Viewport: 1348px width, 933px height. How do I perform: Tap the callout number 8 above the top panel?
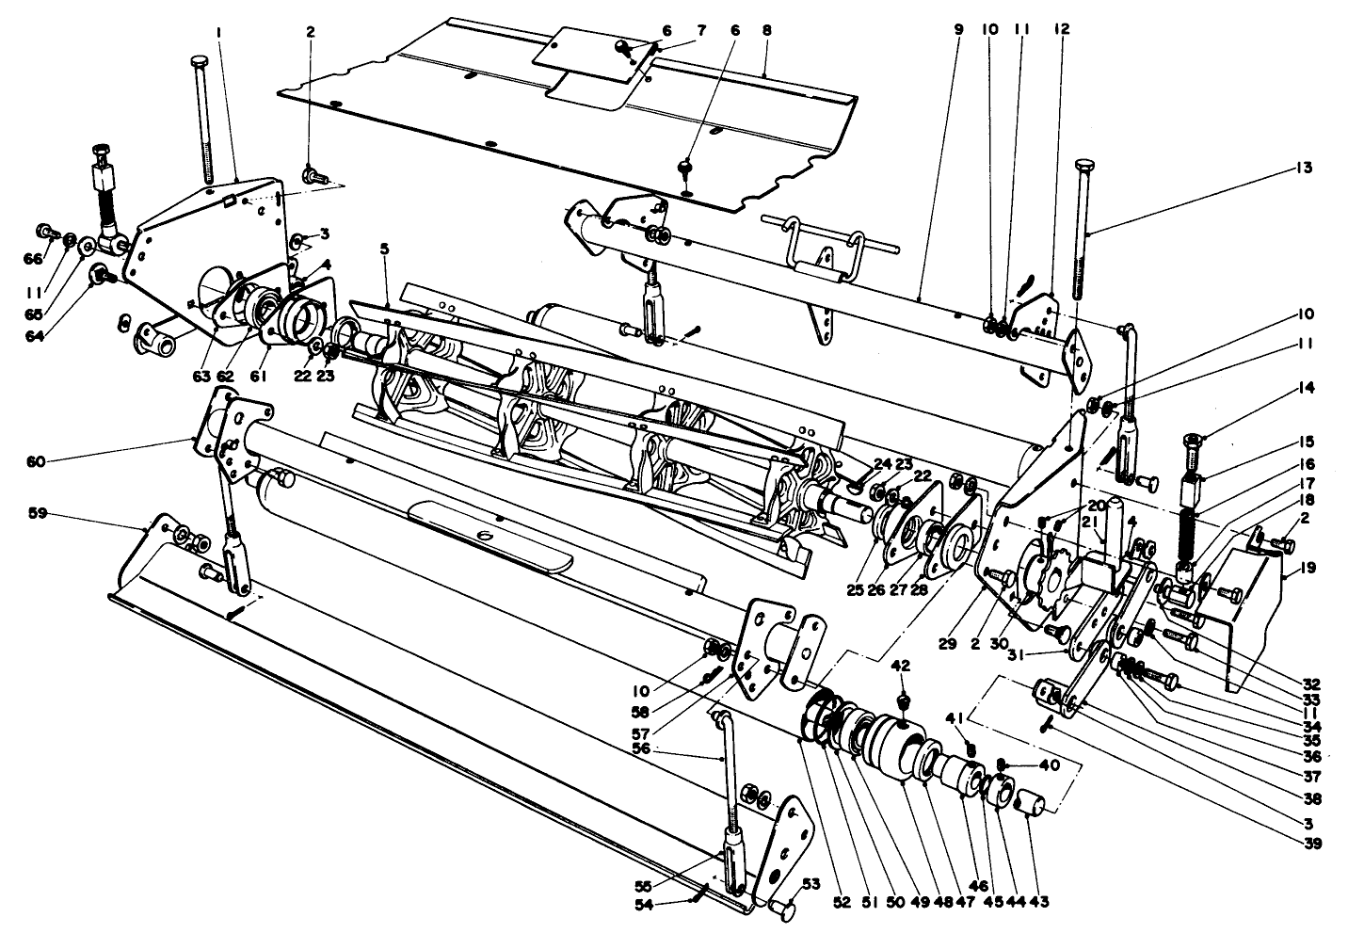[x=765, y=30]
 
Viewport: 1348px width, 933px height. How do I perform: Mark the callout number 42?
[x=901, y=666]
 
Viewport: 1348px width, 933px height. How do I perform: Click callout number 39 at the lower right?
[x=1313, y=844]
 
